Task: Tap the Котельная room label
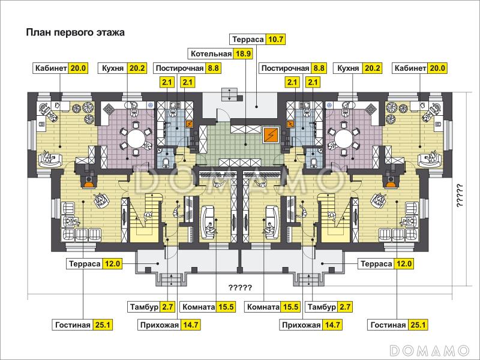(211, 54)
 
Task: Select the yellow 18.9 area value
(243, 54)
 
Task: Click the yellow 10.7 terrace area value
(276, 40)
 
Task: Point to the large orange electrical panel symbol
(272, 134)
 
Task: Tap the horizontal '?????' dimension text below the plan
(240, 287)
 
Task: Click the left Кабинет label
(50, 68)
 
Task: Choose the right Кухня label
(348, 68)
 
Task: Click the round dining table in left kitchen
(134, 139)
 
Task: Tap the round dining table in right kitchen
(345, 139)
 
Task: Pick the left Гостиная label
(73, 325)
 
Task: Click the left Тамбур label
(143, 307)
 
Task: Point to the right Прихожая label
(301, 325)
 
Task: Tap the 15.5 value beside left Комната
(226, 307)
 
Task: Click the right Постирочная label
(285, 68)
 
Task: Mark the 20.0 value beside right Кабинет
(436, 68)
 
